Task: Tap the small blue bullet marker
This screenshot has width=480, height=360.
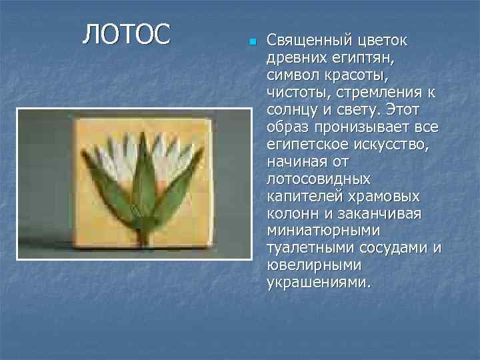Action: [x=252, y=43]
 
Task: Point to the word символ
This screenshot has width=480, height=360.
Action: [x=293, y=76]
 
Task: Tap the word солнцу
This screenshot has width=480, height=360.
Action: [x=293, y=111]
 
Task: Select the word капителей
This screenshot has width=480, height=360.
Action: [x=301, y=197]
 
